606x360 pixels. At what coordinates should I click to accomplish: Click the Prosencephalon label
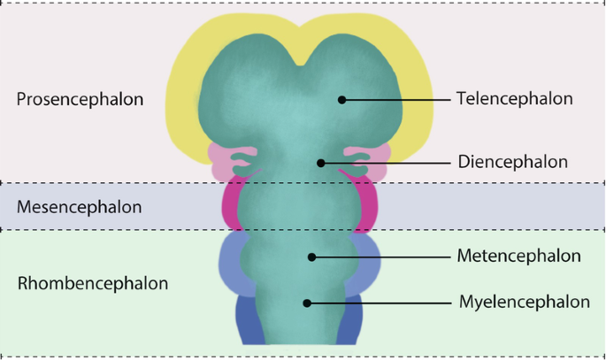point(80,99)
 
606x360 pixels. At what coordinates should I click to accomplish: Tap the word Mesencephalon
point(79,207)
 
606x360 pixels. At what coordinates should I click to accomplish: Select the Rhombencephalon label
point(92,284)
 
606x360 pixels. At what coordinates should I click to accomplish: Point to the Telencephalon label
point(515,99)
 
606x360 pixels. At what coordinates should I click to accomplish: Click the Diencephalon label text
point(512,162)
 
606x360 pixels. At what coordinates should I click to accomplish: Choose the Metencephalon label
point(518,257)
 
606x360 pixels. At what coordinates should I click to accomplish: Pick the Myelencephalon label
point(524,302)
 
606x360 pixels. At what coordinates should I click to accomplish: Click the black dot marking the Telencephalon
point(341,100)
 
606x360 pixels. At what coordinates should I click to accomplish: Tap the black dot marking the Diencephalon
point(321,163)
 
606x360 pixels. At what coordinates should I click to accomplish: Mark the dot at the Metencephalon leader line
point(311,257)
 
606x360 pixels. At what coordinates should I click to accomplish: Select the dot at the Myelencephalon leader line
point(307,303)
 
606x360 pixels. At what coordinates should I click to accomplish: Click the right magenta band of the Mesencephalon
point(368,206)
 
